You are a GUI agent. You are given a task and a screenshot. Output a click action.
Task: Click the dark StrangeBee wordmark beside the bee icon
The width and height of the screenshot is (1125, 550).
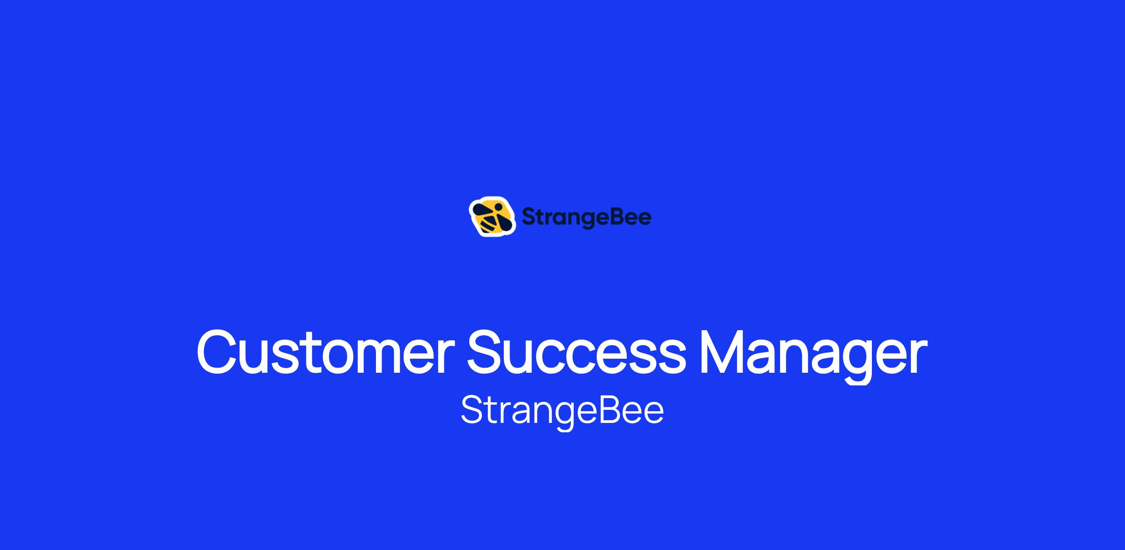586,218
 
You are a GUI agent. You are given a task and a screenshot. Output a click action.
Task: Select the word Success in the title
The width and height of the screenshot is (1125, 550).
577,353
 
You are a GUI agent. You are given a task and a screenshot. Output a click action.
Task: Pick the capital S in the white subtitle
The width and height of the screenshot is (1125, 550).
472,409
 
